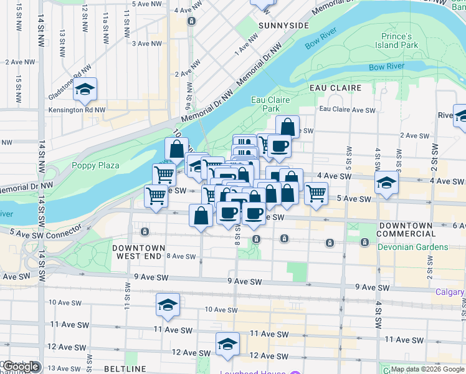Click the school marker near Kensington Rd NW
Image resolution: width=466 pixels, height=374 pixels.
pyautogui.click(x=85, y=91)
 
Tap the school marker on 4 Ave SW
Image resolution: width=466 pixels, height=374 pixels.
pyautogui.click(x=386, y=183)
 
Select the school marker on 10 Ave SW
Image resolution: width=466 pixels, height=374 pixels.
pyautogui.click(x=168, y=305)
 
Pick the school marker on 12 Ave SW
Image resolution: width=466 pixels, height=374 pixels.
pyautogui.click(x=227, y=344)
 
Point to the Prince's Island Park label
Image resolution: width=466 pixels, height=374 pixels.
pyautogui.click(x=396, y=41)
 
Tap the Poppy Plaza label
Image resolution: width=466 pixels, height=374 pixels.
pyautogui.click(x=95, y=165)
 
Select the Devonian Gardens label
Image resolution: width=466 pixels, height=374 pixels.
pyautogui.click(x=412, y=247)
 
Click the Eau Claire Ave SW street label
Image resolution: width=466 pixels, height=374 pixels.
pyautogui.click(x=347, y=110)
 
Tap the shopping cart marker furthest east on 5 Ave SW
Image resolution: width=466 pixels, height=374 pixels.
pyautogui.click(x=316, y=194)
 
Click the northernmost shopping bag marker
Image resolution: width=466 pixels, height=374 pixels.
pyautogui.click(x=287, y=127)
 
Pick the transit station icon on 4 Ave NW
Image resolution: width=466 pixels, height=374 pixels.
pyautogui.click(x=191, y=21)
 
